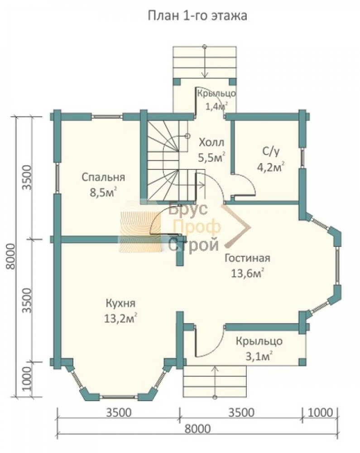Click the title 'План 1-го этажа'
197,16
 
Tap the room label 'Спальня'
103,177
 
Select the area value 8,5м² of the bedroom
103,192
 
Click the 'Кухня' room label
120,304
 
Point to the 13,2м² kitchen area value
120,318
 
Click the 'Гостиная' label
247,258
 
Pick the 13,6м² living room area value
247,273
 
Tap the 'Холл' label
211,143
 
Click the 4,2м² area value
271,167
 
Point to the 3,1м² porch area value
259,357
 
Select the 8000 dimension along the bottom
197,429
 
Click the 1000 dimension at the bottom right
320,413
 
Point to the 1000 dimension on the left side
26,379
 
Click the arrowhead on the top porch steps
205,75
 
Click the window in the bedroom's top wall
107,117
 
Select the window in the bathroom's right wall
302,158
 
